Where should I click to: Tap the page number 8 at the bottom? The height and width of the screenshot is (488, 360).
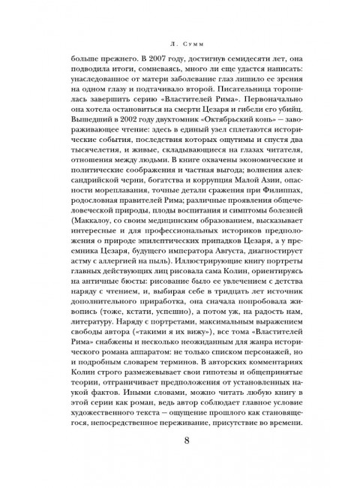click(x=179, y=460)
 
